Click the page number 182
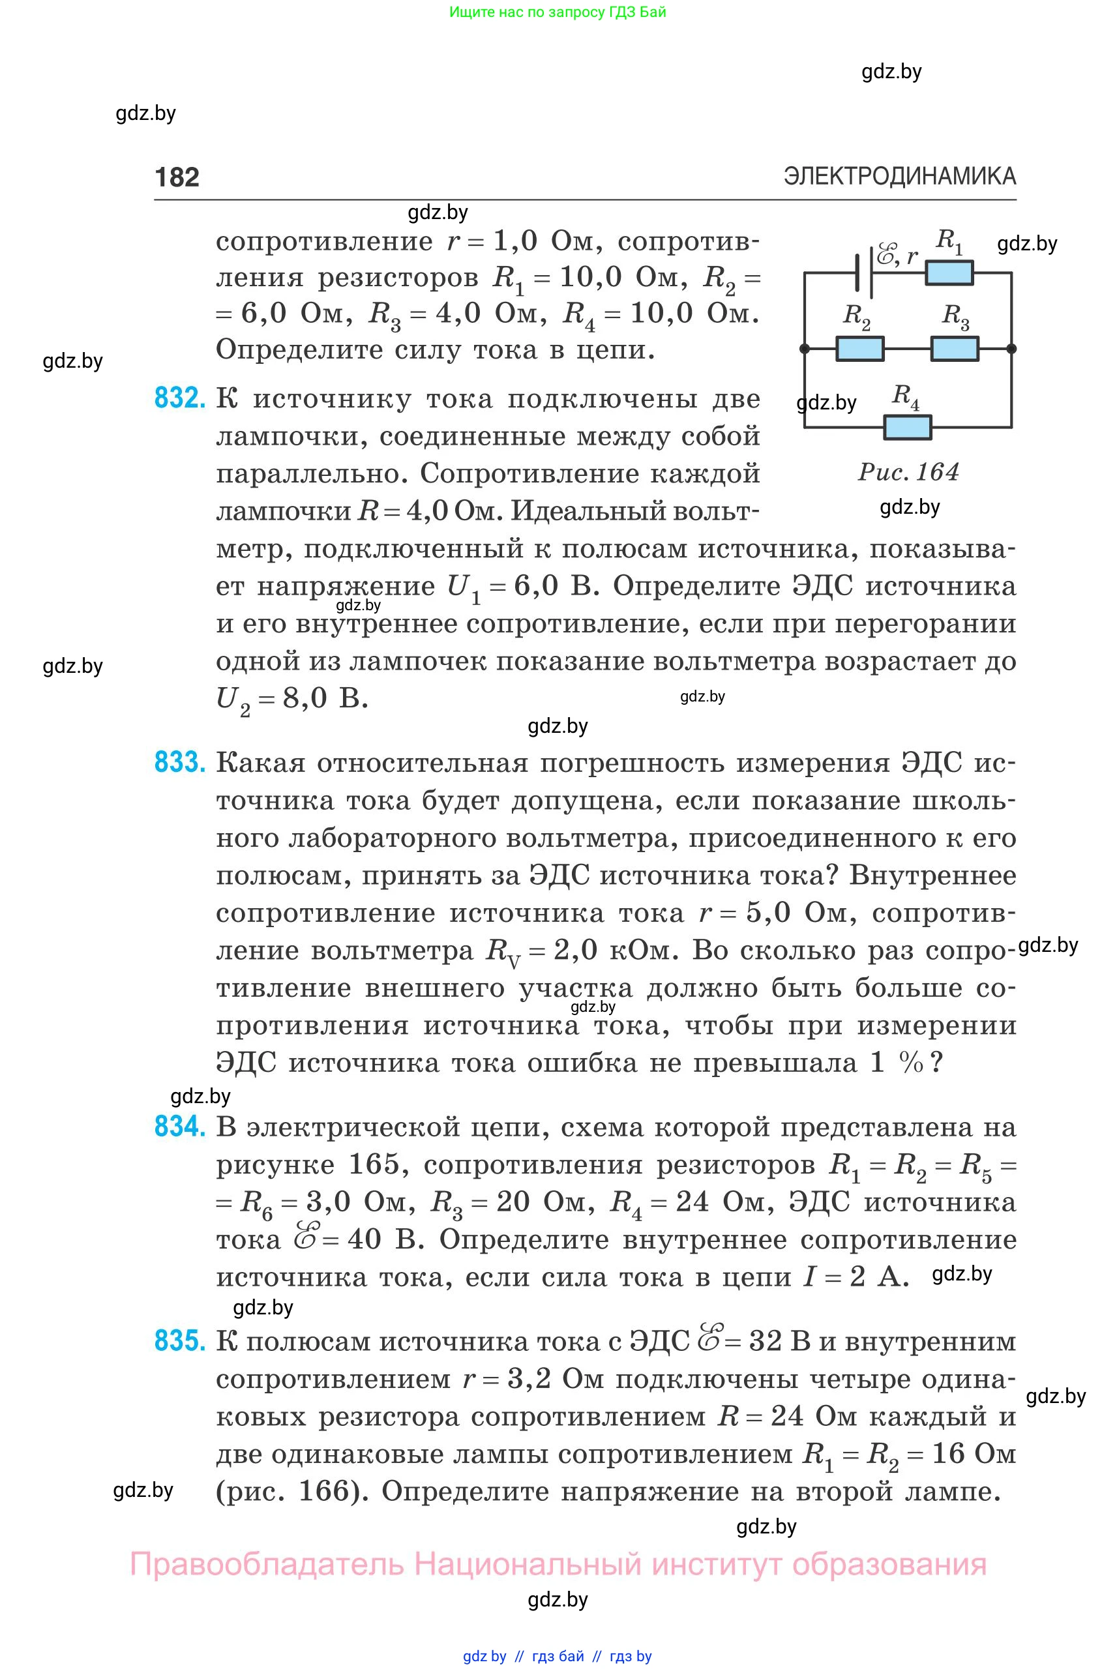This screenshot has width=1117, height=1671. tap(177, 177)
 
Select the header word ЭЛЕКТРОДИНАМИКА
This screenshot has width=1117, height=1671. tap(900, 176)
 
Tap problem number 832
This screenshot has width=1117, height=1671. tap(179, 398)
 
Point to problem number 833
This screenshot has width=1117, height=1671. tap(179, 763)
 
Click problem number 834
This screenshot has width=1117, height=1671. tap(179, 1127)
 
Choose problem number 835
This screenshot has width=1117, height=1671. tap(179, 1341)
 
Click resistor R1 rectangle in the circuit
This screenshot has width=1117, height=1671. tap(949, 273)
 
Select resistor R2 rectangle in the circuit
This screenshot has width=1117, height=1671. tap(860, 349)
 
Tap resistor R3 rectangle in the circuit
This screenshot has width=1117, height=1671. tap(955, 349)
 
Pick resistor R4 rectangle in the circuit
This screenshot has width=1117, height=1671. tap(908, 427)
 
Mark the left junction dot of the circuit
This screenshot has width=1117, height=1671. tap(805, 349)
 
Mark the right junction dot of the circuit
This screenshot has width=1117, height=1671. tap(1011, 349)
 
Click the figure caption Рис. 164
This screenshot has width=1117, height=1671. tap(908, 472)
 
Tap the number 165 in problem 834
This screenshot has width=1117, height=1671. tap(378, 1164)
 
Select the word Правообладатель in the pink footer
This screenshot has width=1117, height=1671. tap(267, 1565)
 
